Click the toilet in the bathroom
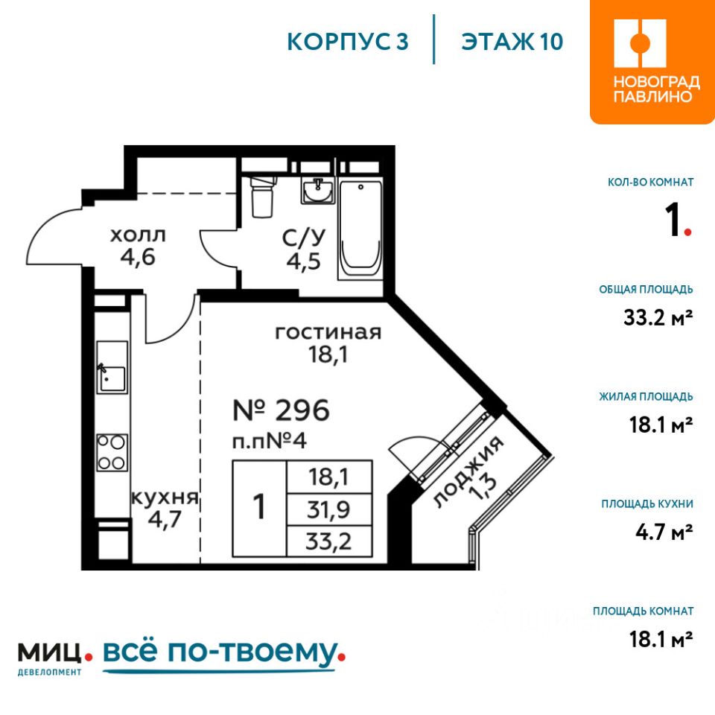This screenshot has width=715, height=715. (264, 196)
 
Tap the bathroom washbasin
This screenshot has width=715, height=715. (318, 190)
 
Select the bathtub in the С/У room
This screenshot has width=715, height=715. (360, 230)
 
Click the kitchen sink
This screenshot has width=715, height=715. (112, 367)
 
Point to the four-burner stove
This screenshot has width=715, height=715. (112, 453)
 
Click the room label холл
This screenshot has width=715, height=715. (139, 235)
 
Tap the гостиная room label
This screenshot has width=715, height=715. (328, 332)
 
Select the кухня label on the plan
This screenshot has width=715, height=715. (165, 498)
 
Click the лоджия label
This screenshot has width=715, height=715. (468, 472)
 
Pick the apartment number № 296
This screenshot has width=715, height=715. (281, 410)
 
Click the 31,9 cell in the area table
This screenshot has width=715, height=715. (328, 509)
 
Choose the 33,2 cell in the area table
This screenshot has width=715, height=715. (328, 541)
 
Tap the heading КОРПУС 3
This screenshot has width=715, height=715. (348, 42)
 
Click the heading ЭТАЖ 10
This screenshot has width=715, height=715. (512, 42)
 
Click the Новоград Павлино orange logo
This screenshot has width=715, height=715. (652, 62)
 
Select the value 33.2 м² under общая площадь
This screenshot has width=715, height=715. (658, 317)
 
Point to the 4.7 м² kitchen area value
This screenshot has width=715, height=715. (664, 532)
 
